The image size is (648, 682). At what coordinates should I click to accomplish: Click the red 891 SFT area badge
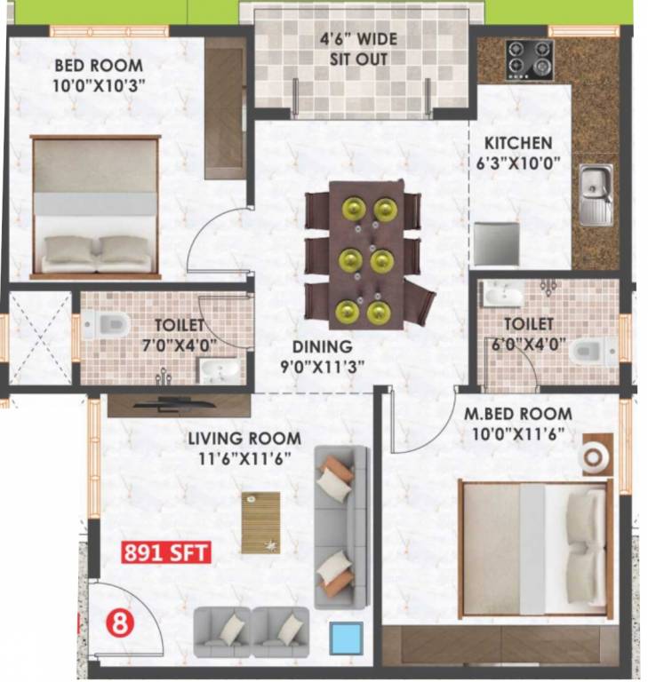pos(165,551)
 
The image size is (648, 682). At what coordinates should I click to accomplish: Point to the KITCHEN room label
pos(517,143)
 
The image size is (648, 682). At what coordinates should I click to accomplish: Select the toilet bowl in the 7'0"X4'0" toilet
pos(106,326)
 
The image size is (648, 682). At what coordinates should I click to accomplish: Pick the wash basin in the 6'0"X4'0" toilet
pos(504,294)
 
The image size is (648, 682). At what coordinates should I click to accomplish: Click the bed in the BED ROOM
pos(95,206)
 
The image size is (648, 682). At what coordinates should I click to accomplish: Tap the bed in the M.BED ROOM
pos(534,549)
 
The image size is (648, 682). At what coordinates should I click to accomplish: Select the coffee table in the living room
pos(260,522)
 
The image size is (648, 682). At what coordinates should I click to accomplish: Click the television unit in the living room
pos(178,406)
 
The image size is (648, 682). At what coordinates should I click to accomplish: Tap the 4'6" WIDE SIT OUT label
pos(358,50)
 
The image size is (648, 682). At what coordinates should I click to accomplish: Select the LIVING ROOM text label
pos(244,439)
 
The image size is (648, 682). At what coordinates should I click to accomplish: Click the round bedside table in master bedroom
pos(594,456)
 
